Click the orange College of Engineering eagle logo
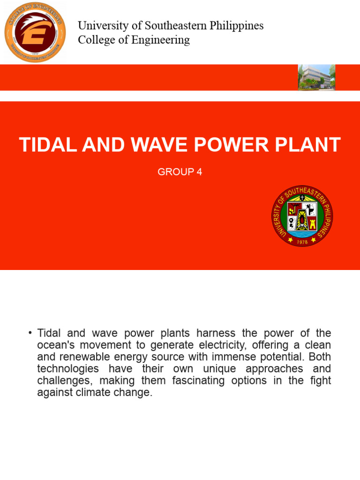point(35,32)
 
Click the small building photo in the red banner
point(317,77)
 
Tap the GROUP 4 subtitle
point(180,172)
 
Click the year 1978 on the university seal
point(303,241)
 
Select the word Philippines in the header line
point(237,26)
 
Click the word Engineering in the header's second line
point(162,40)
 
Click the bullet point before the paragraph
point(30,333)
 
